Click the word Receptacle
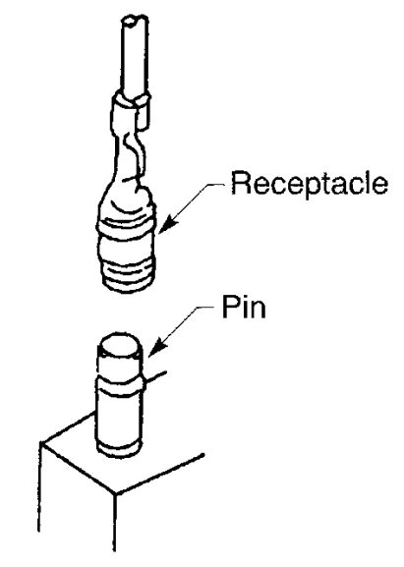pos(310,184)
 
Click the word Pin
pos(244,307)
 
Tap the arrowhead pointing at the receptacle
pos(167,223)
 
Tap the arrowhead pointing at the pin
pos(157,348)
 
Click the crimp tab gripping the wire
pos(132,107)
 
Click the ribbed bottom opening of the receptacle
pos(130,277)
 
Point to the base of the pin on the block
pos(119,448)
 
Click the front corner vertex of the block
pos(116,493)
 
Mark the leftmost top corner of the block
pos(41,442)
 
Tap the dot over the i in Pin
pos(244,299)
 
